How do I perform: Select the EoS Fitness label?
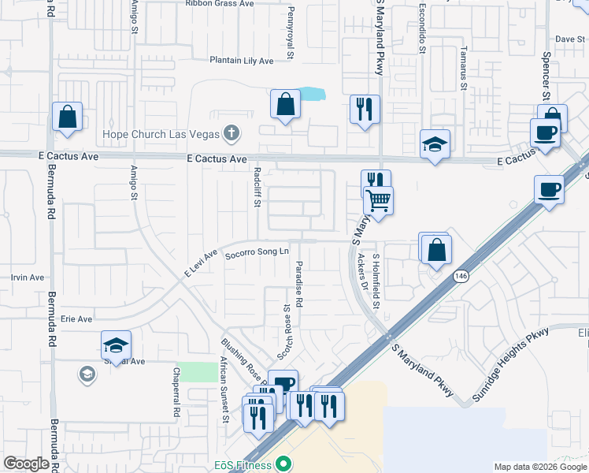[x=243, y=465]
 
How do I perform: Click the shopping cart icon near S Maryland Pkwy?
[x=379, y=201]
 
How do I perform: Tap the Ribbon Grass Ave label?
[x=220, y=3]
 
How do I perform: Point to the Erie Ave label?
[x=76, y=319]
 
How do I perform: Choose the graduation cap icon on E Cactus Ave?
[x=435, y=144]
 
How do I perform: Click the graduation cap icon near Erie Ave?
[x=116, y=345]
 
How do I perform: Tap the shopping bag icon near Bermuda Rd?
[x=68, y=116]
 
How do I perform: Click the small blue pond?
[x=312, y=94]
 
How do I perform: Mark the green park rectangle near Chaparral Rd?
[x=196, y=372]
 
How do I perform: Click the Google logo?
[x=27, y=464]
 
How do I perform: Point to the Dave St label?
[x=565, y=39]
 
